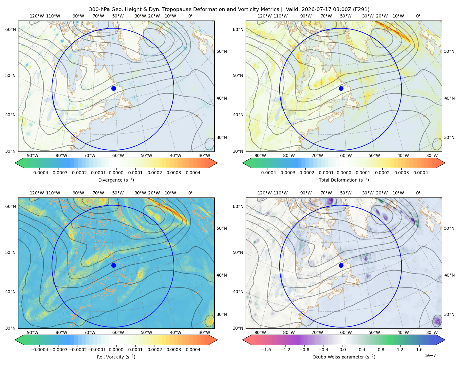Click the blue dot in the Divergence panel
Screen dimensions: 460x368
coord(113,88)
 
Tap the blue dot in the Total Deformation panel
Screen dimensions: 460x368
coord(341,88)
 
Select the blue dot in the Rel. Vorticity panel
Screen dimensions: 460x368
coord(113,265)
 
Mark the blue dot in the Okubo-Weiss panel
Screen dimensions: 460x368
coord(341,265)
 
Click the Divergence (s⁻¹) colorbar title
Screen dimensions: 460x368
coord(116,180)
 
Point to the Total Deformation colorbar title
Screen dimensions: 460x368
coord(344,180)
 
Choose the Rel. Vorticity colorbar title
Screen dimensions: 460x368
coord(116,357)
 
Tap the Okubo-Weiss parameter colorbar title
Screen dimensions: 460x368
coord(344,357)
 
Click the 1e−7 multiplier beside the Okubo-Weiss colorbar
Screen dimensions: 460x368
coord(430,355)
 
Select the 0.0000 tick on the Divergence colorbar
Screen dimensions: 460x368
coord(116,173)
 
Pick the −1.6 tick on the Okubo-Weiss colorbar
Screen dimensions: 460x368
coord(266,350)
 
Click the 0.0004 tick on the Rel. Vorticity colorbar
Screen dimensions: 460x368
coord(193,350)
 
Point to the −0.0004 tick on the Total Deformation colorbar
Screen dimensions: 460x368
coord(267,173)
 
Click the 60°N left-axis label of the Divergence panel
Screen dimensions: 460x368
coord(10,29)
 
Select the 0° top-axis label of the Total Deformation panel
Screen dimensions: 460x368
coord(418,16)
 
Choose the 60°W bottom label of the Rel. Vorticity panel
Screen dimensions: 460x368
coord(118,332)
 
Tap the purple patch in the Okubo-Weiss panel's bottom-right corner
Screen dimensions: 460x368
coord(437,321)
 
